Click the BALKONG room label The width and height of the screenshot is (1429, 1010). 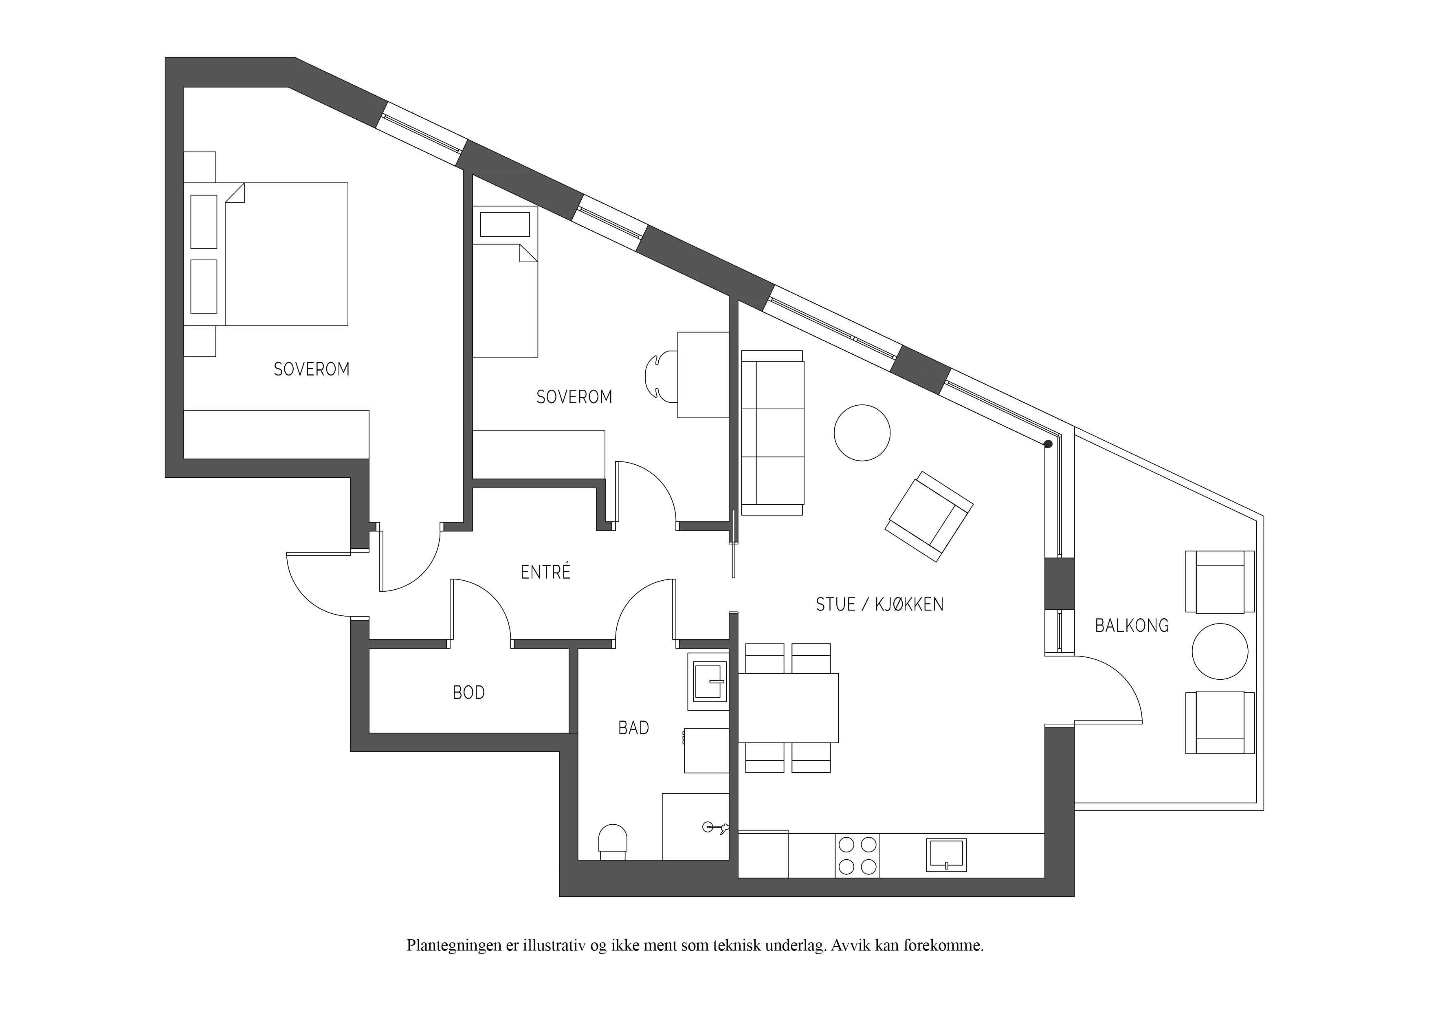point(1132,626)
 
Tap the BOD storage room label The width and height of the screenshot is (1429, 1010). point(468,693)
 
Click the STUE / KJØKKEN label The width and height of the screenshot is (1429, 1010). point(879,604)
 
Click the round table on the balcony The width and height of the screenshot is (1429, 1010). point(1220,652)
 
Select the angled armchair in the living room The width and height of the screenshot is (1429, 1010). point(929,516)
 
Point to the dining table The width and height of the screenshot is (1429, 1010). point(788,708)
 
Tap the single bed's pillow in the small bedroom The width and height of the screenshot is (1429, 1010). point(505,224)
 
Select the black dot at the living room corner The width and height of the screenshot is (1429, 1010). point(1048,444)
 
